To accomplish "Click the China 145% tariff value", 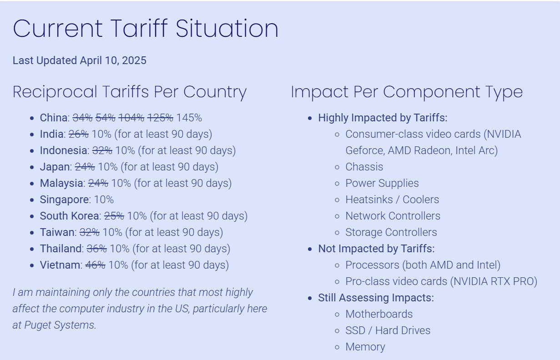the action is click(x=189, y=118).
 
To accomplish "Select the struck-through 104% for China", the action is click(x=131, y=118).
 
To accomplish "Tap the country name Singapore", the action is click(x=64, y=200).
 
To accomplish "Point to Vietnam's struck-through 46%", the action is click(x=95, y=265).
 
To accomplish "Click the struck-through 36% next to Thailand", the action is click(x=96, y=249).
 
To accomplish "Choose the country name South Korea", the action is click(x=70, y=216).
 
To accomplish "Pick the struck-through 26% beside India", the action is click(x=79, y=134).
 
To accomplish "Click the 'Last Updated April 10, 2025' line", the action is click(x=80, y=60).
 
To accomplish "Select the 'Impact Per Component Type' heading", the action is click(x=407, y=92).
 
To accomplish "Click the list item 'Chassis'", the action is click(x=364, y=167).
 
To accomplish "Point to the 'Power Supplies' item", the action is click(x=382, y=183).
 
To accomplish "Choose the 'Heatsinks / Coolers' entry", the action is click(x=392, y=200).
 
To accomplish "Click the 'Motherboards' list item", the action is click(x=379, y=314).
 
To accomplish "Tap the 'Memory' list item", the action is click(x=365, y=347).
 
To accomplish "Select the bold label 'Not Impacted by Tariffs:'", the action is click(x=376, y=249).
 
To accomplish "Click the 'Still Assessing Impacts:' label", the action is click(x=376, y=298).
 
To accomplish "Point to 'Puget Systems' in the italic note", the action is click(x=60, y=325).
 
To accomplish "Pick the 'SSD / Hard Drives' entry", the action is click(x=388, y=330).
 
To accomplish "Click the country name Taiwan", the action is click(x=57, y=232).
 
